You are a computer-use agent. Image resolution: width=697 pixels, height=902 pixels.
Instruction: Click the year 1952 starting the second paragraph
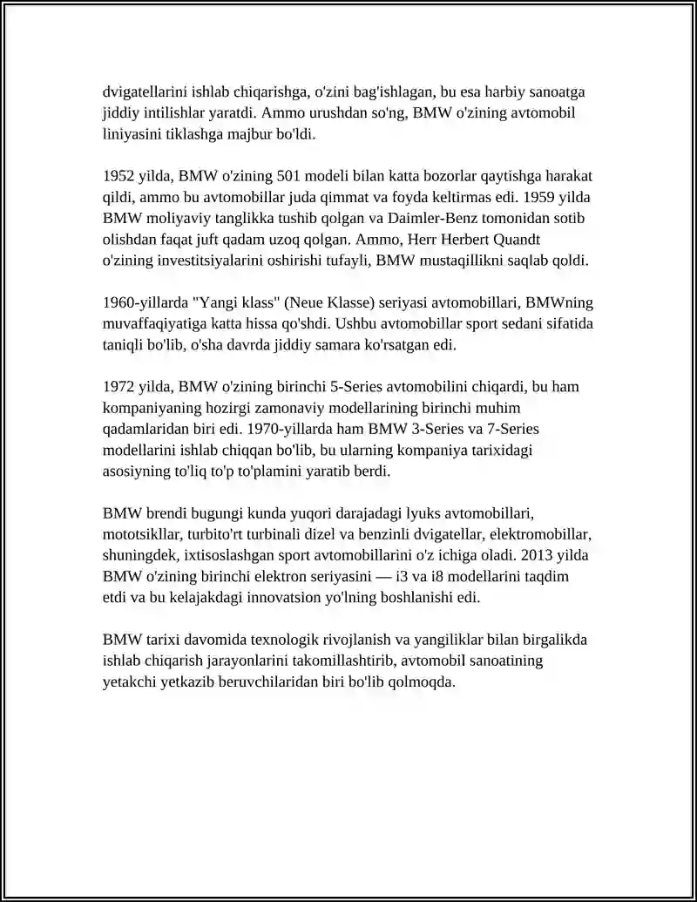118,176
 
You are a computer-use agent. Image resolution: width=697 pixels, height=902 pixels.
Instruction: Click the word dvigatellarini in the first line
145,92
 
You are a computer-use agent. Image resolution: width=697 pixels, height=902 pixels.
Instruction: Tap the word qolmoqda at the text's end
426,682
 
